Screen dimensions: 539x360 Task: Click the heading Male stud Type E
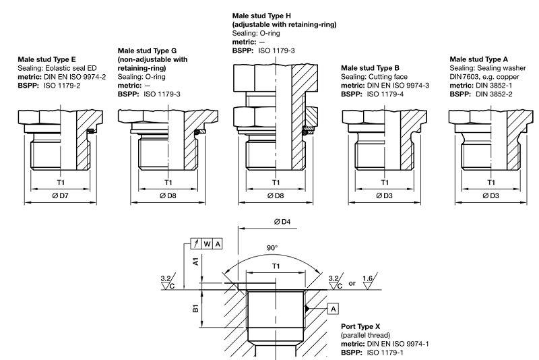click(46, 59)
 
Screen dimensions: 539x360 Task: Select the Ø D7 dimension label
click(61, 196)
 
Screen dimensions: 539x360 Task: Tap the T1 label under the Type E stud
click(61, 182)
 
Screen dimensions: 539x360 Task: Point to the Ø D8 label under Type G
click(168, 196)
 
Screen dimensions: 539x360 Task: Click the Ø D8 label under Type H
click(276, 196)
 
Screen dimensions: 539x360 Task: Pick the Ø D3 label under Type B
click(384, 196)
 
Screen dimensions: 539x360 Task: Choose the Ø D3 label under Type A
click(491, 196)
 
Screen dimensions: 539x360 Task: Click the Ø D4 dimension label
click(282, 222)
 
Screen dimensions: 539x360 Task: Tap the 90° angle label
click(272, 247)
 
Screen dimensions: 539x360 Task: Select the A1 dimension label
click(195, 262)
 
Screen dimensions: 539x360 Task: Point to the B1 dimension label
click(195, 308)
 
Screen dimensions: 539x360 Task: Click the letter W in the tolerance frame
click(207, 244)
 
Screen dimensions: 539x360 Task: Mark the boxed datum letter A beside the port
click(333, 309)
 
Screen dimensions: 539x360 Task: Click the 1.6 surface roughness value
click(367, 278)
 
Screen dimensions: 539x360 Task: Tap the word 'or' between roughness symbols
click(352, 284)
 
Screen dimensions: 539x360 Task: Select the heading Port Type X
click(360, 326)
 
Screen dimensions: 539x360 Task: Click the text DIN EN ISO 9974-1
click(398, 344)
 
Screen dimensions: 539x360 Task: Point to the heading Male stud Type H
click(261, 16)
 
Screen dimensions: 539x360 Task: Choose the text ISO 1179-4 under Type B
click(385, 94)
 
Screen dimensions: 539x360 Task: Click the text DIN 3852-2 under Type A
click(494, 94)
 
